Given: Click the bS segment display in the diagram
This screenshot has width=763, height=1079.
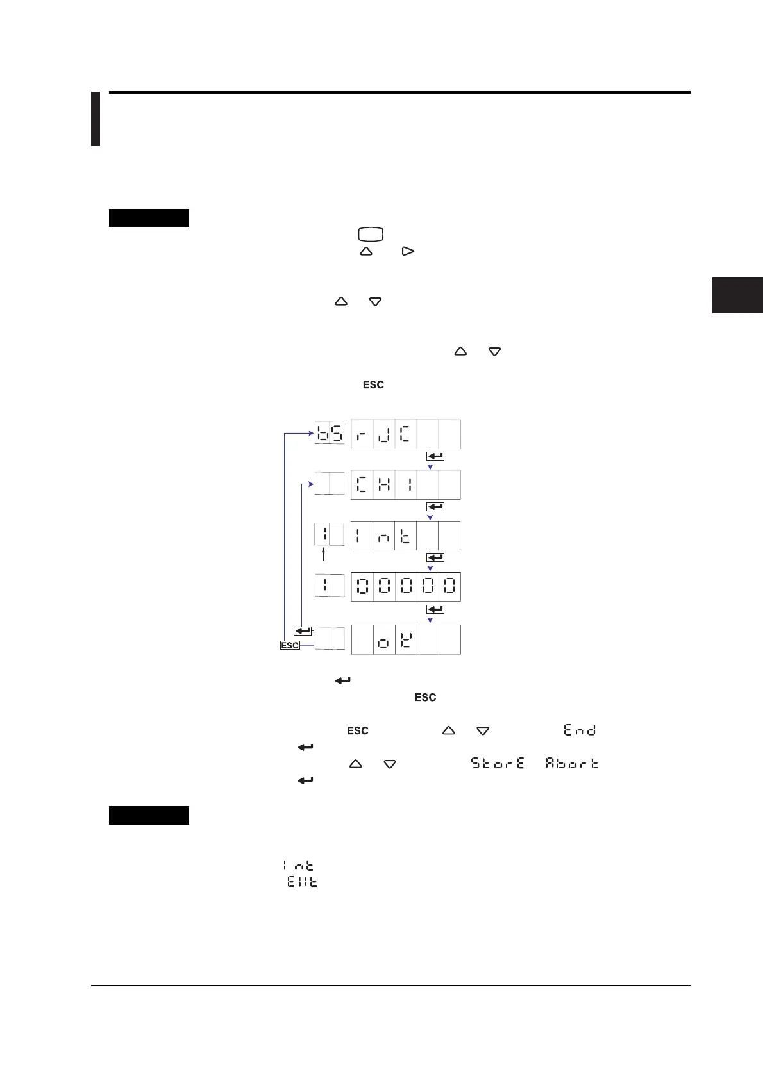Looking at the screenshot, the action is (329, 433).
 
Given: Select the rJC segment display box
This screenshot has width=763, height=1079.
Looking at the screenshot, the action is (405, 434).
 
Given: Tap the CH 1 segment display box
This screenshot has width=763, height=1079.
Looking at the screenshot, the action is (405, 484).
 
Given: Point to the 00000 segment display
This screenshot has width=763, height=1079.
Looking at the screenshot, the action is (405, 586).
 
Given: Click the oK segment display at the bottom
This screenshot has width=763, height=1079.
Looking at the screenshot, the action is (405, 639).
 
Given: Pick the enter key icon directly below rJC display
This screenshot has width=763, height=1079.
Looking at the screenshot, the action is (435, 456).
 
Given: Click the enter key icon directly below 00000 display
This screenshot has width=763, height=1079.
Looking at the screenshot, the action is (435, 609).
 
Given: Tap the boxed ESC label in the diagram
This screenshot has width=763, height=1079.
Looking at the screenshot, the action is (290, 645).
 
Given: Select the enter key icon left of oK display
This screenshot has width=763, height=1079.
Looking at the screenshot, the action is (302, 631).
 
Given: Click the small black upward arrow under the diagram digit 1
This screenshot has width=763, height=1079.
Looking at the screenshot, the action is (324, 555).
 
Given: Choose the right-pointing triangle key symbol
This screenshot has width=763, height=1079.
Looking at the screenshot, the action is (408, 252).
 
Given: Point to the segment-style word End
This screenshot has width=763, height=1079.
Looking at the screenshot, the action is (580, 730).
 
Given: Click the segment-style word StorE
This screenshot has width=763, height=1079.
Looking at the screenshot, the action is (498, 763).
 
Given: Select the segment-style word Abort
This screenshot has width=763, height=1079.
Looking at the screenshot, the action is (571, 763).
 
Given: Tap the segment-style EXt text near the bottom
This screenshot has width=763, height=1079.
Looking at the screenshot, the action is (302, 882).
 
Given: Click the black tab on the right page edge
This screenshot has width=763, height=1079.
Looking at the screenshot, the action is (737, 295).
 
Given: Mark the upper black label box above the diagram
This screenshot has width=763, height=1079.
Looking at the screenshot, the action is (149, 218).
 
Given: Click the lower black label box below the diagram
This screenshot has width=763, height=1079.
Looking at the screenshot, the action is (149, 815).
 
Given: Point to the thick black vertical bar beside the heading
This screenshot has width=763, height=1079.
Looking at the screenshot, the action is (96, 119).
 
